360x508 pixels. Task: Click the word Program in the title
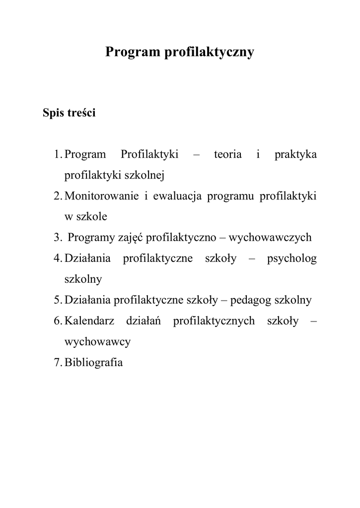(133, 52)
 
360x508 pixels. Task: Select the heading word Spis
(55, 113)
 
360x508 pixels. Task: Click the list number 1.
(57, 154)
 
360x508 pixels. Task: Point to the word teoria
(227, 154)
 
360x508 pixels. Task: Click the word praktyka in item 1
(295, 155)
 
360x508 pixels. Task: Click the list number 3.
(57, 238)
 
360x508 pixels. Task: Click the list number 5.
(57, 300)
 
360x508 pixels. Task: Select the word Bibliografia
(94, 363)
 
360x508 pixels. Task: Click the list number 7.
(57, 363)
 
